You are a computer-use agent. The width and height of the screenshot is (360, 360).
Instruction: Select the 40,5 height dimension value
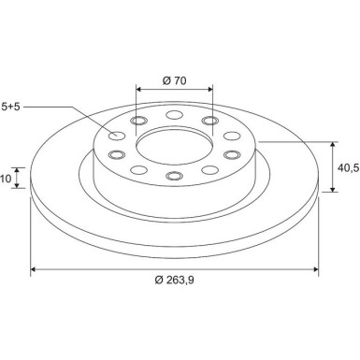[348, 167]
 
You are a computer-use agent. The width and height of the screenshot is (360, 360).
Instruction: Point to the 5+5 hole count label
[11, 108]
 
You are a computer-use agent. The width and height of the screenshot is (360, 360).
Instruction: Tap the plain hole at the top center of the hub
[173, 116]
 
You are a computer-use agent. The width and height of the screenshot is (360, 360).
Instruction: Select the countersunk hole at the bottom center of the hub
[173, 176]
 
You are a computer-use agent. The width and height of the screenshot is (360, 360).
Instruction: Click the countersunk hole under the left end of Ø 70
[139, 122]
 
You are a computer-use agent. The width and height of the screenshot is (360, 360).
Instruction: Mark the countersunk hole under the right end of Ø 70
[208, 122]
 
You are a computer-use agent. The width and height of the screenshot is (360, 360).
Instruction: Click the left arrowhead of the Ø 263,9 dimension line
[35, 271]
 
